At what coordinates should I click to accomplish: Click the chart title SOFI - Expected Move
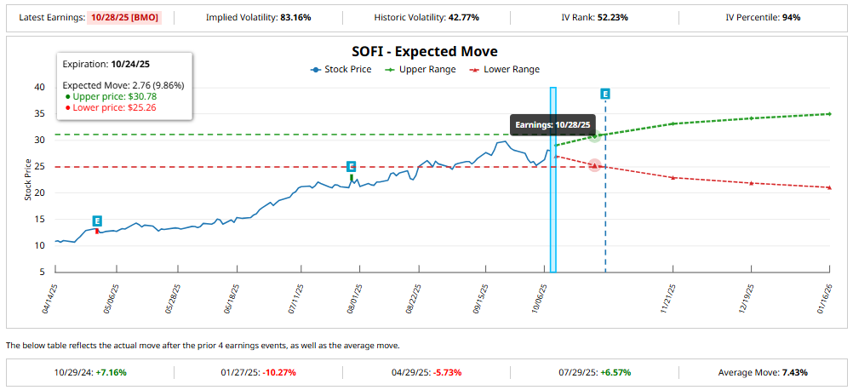click(x=425, y=52)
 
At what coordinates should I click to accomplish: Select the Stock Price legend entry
click(x=341, y=69)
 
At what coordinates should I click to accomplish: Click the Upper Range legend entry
click(x=421, y=69)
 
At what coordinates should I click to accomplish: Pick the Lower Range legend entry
click(x=507, y=69)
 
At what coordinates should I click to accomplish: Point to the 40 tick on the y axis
click(x=39, y=87)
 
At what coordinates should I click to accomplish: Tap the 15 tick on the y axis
click(x=39, y=219)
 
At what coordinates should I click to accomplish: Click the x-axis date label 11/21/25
click(x=667, y=299)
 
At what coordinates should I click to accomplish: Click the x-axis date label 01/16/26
click(x=823, y=299)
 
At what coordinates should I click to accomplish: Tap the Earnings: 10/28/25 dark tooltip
click(x=552, y=125)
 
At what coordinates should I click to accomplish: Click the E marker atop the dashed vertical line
click(x=605, y=94)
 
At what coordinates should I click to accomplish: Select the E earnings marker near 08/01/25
click(x=351, y=167)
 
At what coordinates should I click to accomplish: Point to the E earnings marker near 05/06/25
click(x=97, y=221)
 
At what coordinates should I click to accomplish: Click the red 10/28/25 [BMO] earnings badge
click(x=127, y=17)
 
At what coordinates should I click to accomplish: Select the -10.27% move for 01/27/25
click(x=279, y=372)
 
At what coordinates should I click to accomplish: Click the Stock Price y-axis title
click(x=27, y=181)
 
